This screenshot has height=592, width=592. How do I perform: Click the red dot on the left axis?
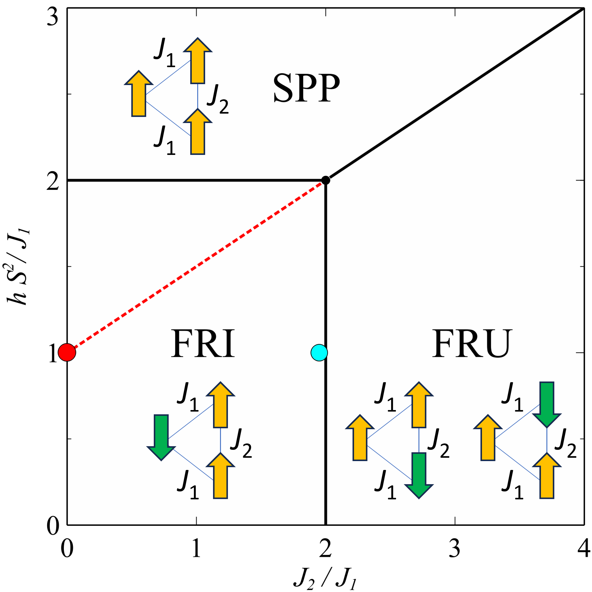tap(67, 353)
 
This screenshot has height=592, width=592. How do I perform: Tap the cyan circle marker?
tap(319, 353)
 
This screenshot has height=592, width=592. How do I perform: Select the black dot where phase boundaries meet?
tap(325, 180)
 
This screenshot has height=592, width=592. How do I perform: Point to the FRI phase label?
tap(203, 344)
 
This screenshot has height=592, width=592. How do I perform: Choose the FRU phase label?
tap(472, 344)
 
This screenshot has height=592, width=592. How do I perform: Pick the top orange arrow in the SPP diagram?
tap(198, 61)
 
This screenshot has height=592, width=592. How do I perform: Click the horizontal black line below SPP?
tap(196, 180)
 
